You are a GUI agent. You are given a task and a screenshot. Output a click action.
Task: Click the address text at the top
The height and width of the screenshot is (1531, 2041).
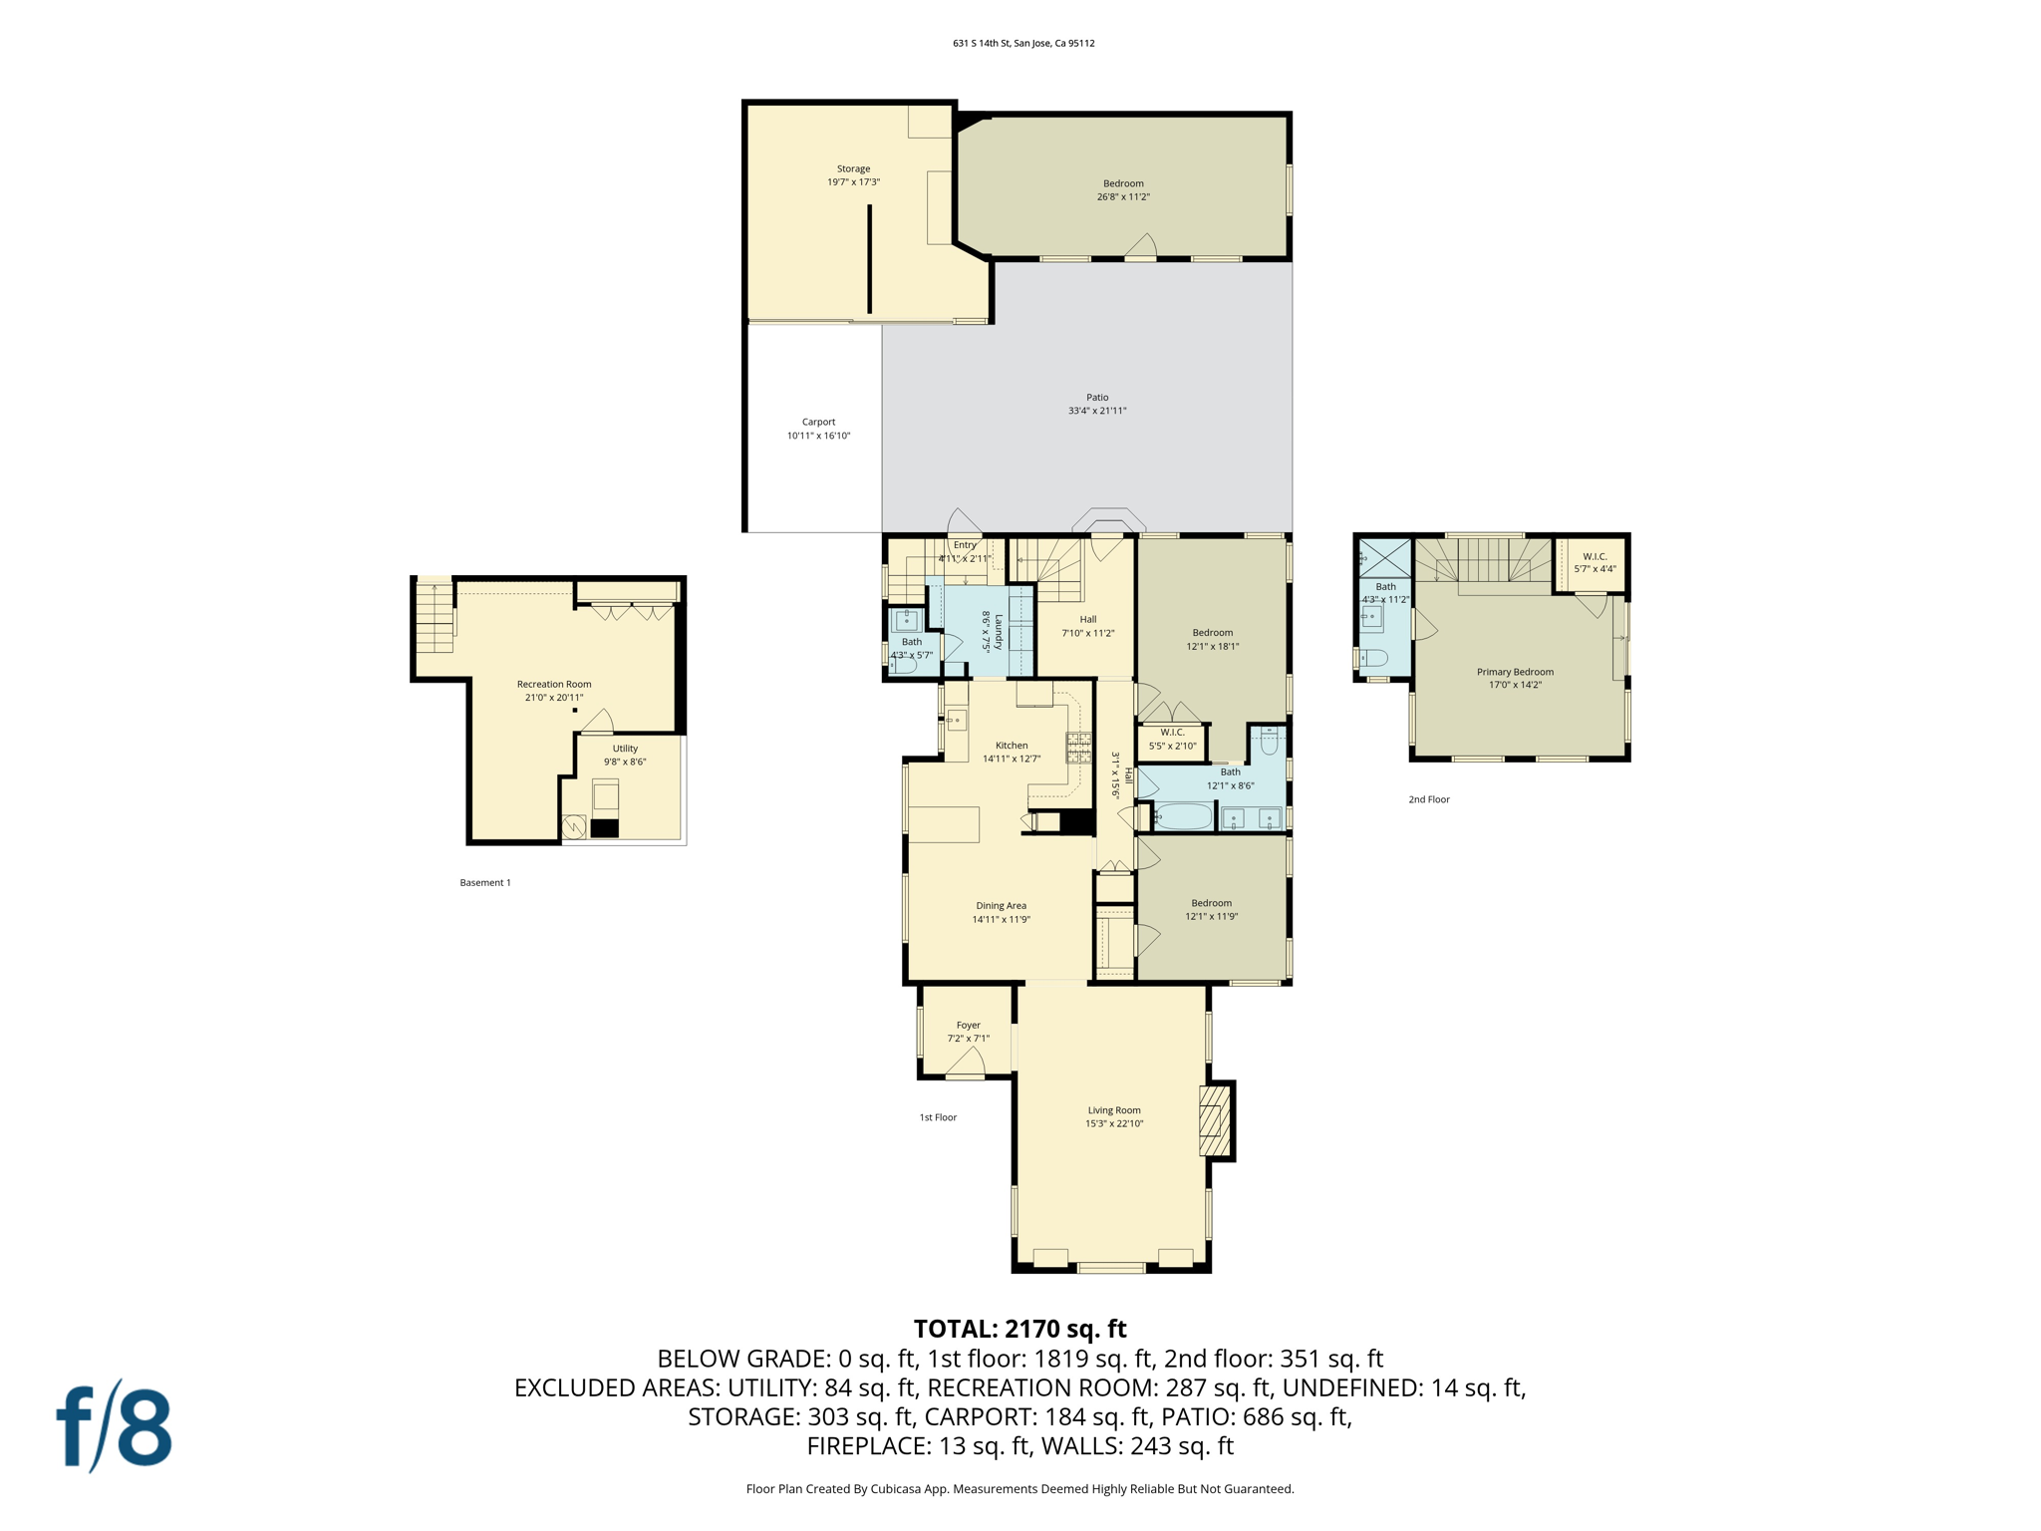coord(1023,43)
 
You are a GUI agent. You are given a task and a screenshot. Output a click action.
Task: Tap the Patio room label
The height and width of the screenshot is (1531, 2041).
coord(1097,404)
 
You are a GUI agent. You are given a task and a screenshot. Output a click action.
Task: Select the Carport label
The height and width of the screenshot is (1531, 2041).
coord(818,429)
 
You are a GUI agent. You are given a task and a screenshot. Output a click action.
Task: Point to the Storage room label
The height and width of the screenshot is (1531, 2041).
coord(853,175)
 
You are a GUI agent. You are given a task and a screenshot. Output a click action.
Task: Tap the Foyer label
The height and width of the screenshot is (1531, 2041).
coord(968,1031)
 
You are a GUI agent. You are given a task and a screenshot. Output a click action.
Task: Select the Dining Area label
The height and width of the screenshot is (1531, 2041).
coord(1001,912)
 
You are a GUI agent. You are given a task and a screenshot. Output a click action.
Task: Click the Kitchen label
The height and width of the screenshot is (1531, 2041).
coord(1012,752)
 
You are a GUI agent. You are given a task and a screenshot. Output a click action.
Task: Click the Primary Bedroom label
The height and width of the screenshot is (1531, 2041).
coord(1515,678)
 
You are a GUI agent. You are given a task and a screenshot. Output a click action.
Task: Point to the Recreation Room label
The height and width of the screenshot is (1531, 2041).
coord(554,690)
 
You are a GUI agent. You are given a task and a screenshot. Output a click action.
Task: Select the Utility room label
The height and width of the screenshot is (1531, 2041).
coord(625,755)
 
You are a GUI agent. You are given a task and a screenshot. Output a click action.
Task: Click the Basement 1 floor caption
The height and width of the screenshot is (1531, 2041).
coord(485,882)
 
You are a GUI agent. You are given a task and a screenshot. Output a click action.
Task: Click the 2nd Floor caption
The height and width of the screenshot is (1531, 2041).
coord(1428,799)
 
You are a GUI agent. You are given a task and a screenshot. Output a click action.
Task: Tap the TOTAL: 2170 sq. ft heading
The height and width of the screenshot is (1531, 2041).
coord(1020,1329)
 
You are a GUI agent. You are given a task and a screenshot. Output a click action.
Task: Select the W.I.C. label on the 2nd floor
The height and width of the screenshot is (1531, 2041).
coord(1595,562)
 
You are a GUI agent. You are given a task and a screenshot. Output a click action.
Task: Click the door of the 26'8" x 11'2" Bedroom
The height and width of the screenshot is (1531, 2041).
coord(1141,246)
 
